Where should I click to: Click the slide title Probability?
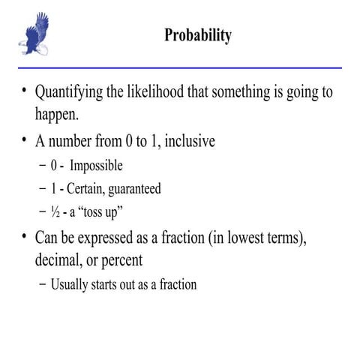(x=198, y=35)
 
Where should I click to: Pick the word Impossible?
(x=94, y=165)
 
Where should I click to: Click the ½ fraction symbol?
(x=55, y=211)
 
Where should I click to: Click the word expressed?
(x=110, y=238)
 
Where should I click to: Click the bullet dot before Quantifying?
(x=24, y=93)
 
